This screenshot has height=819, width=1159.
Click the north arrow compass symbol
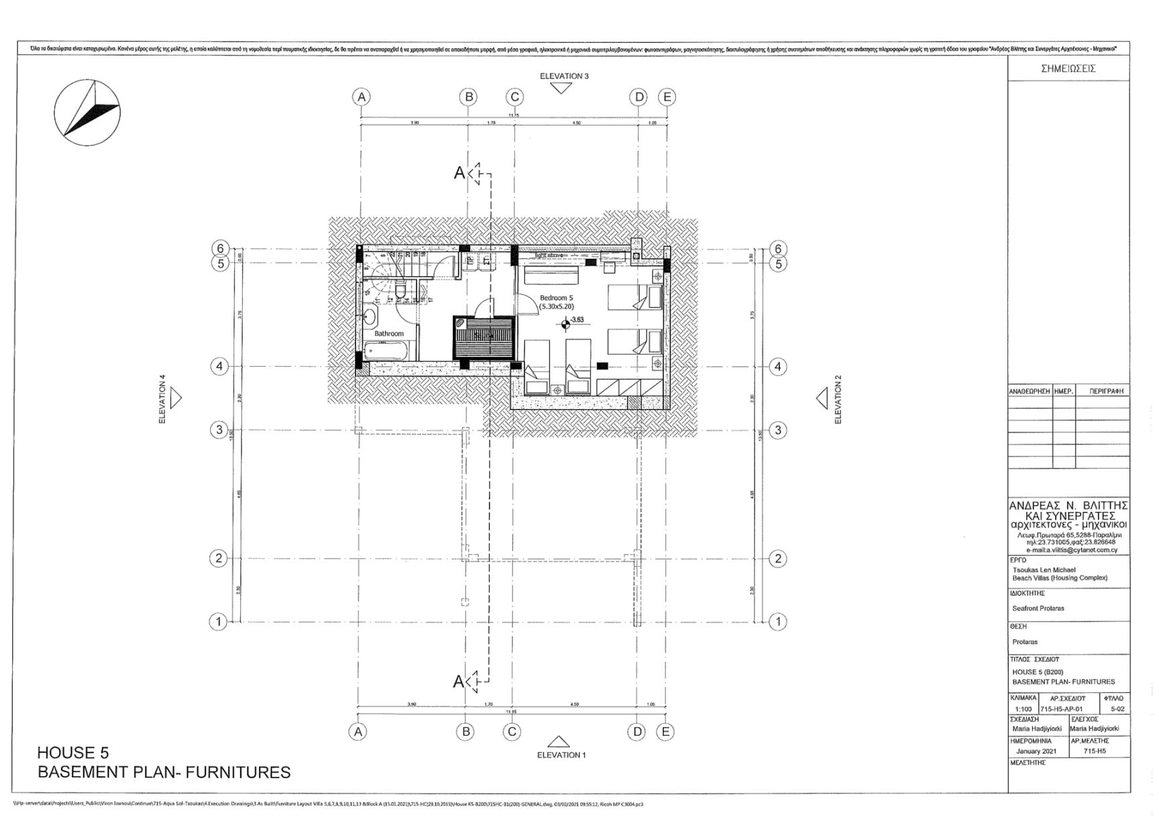[87, 112]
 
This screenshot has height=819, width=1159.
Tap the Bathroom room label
[389, 334]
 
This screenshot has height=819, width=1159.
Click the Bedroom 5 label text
[556, 298]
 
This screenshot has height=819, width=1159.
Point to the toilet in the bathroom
[400, 292]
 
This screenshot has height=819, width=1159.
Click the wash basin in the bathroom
[370, 316]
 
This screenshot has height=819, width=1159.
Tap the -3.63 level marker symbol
[566, 324]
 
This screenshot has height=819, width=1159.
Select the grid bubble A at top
[362, 97]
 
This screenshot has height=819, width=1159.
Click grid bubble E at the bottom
[665, 731]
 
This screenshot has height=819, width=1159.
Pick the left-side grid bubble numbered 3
[219, 430]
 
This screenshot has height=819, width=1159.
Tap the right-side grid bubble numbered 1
[778, 621]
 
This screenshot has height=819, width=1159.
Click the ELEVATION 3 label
[564, 76]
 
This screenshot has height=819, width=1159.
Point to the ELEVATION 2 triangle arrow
[822, 399]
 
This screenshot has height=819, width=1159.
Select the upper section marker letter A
[459, 173]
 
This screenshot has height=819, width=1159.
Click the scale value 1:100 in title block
[1024, 708]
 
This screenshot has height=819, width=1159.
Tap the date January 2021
[1036, 751]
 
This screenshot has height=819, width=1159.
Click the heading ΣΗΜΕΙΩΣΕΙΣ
[1068, 68]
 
